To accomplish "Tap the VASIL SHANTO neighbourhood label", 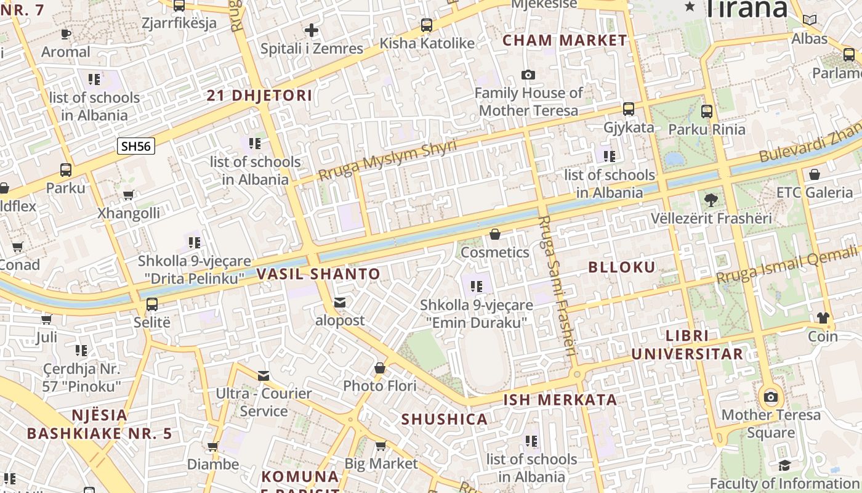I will [x=318, y=274].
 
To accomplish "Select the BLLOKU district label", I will [x=622, y=267].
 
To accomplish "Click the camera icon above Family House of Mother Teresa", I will [x=528, y=75].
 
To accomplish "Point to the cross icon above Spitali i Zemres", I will [x=312, y=30].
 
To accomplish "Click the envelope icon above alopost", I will [x=340, y=303].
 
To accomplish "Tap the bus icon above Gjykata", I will [x=629, y=109].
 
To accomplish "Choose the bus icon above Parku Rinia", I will [x=707, y=112].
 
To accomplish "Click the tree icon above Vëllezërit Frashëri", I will [x=711, y=200].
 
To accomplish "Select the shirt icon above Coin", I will [x=823, y=318].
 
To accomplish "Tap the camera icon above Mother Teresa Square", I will [x=771, y=396].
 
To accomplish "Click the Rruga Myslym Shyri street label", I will [x=387, y=160].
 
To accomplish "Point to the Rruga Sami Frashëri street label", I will [x=557, y=286].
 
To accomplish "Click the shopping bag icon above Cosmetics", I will [x=495, y=234].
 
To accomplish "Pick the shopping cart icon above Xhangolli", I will [x=128, y=195].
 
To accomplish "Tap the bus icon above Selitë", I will [x=152, y=304].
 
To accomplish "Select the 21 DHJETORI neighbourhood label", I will [x=259, y=96].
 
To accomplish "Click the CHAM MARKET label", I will [x=565, y=41].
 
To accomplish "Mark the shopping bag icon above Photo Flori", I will [x=380, y=368].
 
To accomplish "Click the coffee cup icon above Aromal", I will [x=66, y=34].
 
